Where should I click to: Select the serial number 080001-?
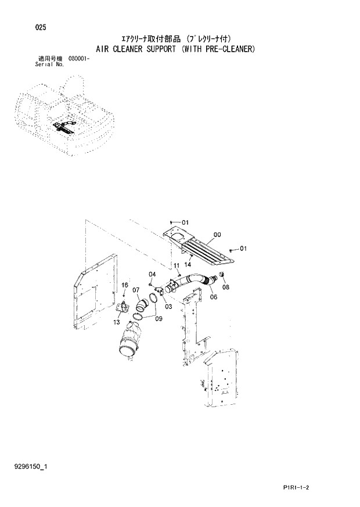pos(80,59)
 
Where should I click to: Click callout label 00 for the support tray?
pos(217,235)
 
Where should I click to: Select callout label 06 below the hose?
pos(214,296)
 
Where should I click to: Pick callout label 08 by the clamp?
pos(226,286)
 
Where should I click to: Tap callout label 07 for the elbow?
pos(135,290)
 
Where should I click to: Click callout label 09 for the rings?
pos(159,318)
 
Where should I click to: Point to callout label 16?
pos(124,285)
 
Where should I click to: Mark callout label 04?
pos(152,274)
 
